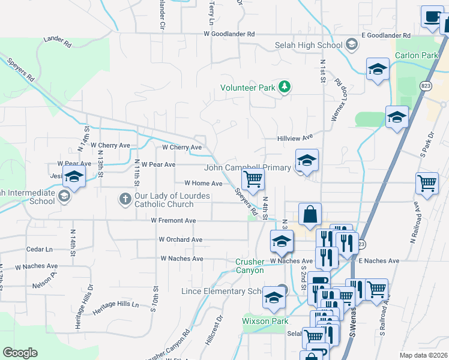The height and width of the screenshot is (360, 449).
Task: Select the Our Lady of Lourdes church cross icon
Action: [125, 199]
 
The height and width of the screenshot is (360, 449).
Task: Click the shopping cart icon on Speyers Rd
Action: [253, 178]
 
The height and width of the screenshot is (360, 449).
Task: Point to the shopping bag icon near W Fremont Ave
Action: [310, 214]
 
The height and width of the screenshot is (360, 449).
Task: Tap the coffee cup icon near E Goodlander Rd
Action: [431, 17]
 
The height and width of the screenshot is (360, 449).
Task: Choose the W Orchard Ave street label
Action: [181, 239]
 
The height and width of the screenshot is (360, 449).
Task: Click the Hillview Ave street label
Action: [295, 137]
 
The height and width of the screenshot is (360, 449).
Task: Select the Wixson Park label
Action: [265, 321]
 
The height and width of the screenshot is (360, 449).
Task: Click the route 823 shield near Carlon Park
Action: [426, 85]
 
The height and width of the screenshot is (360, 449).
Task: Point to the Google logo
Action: [20, 353]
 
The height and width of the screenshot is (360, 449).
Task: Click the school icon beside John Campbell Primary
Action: [306, 161]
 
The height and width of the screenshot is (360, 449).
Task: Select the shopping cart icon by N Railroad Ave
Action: [427, 184]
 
